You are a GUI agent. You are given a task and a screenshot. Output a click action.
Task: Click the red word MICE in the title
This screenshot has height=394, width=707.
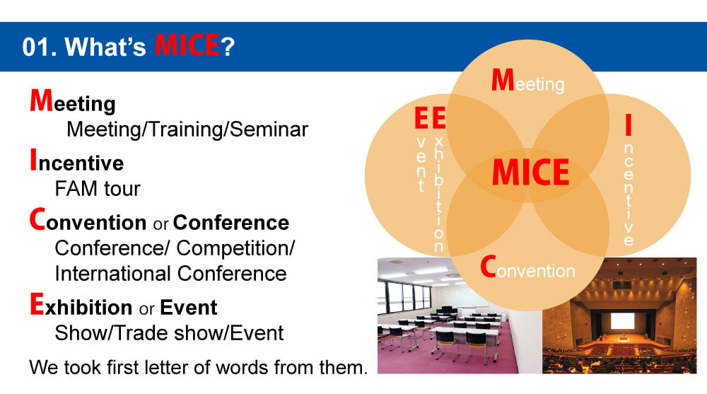(187, 45)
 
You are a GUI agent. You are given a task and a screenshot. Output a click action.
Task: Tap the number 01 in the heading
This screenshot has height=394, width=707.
(36, 47)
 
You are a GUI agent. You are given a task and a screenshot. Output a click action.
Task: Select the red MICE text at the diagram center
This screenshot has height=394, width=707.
(530, 172)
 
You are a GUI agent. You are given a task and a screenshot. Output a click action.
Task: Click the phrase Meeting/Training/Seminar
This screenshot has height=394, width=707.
(187, 129)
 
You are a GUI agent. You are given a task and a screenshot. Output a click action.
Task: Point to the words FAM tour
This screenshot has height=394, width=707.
(98, 189)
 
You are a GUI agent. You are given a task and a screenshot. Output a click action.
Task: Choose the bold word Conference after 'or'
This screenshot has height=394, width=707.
(231, 223)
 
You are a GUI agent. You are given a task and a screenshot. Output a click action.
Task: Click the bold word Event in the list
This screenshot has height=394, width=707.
(189, 308)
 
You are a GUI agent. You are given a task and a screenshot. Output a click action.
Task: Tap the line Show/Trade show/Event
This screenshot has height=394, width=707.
(169, 333)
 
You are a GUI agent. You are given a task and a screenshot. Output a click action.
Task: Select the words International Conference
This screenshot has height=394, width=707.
(170, 274)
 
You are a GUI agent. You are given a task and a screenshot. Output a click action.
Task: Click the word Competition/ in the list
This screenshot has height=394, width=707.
(235, 248)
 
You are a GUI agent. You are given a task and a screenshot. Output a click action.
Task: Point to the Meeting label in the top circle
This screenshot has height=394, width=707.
(527, 81)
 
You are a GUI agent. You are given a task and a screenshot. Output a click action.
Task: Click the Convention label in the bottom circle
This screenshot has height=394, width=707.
(527, 267)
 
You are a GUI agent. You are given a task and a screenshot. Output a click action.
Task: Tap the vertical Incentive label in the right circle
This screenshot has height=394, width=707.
(629, 180)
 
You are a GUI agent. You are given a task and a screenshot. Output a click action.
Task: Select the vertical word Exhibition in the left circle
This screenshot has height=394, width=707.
(438, 180)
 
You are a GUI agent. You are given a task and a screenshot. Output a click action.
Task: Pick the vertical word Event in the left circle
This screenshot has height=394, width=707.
(421, 150)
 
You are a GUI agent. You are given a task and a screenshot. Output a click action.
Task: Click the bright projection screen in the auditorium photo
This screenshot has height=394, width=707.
(622, 321)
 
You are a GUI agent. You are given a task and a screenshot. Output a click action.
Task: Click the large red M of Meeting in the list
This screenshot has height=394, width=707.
(41, 100)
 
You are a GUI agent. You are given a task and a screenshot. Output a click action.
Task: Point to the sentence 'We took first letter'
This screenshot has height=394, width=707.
(199, 367)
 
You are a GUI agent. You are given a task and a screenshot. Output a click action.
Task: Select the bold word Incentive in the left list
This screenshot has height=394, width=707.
(76, 161)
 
